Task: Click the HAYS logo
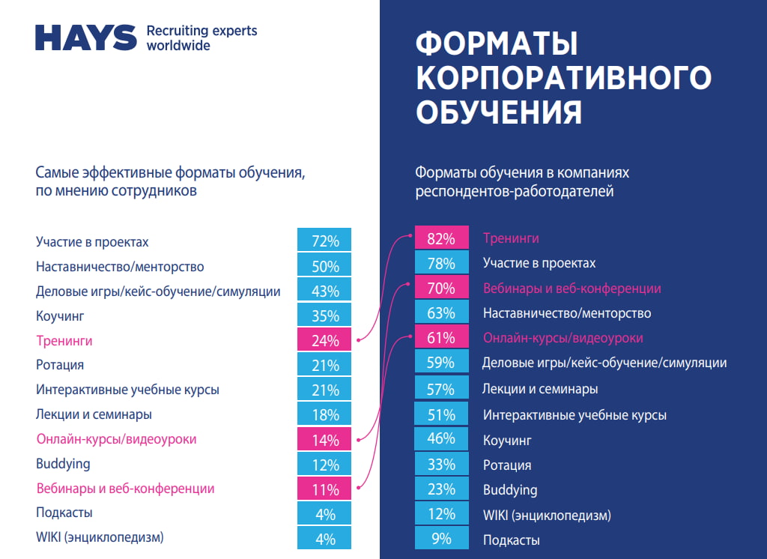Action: click(86, 37)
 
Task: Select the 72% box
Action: click(324, 241)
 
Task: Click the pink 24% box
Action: click(324, 340)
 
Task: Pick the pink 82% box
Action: click(441, 238)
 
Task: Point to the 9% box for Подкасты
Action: click(441, 539)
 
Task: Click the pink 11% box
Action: click(324, 489)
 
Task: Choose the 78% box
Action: click(441, 263)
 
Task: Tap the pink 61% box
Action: click(441, 338)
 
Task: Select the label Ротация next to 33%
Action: click(507, 465)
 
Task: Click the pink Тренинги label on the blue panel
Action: click(511, 238)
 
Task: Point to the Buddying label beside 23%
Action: click(510, 490)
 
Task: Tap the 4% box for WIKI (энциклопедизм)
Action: click(324, 538)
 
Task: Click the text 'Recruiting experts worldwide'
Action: click(201, 37)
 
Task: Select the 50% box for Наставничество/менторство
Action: click(324, 266)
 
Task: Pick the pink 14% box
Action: click(324, 439)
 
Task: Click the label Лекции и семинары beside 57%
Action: click(540, 389)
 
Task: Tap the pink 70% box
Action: click(441, 288)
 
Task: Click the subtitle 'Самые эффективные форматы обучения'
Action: click(171, 173)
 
